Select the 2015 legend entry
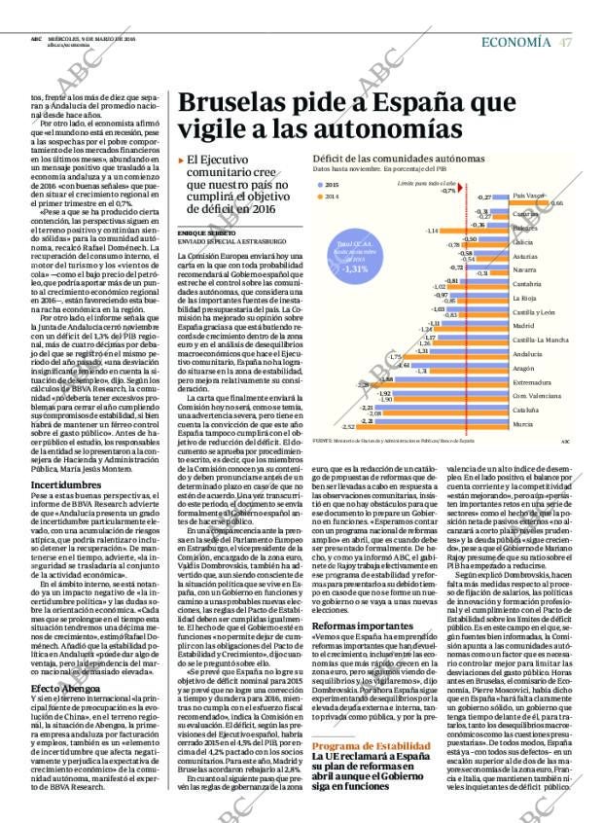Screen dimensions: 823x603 tap(330, 184)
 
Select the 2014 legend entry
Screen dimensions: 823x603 tap(330, 197)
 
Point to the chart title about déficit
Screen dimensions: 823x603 tap(398, 158)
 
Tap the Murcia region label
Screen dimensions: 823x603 tap(522, 425)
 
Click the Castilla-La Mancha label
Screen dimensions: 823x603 tap(540, 340)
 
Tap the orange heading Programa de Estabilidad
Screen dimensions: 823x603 tap(365, 747)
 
